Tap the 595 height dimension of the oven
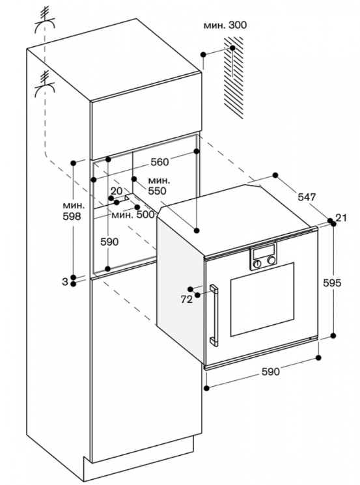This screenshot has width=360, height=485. [x=331, y=283]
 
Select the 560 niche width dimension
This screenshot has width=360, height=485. [x=160, y=161]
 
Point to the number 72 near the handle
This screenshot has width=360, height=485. [x=186, y=299]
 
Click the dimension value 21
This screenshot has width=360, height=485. [x=341, y=217]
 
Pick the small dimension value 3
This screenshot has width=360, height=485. [x=65, y=282]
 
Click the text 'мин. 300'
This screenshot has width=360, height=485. [x=225, y=25]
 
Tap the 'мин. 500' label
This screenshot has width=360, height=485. [x=133, y=214]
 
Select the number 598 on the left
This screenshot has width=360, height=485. [x=72, y=216]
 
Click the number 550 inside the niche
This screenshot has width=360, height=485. [x=157, y=191]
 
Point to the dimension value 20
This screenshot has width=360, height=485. [x=117, y=191]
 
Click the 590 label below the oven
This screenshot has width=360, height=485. [x=271, y=372]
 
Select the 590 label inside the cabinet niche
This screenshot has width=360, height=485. [x=109, y=242]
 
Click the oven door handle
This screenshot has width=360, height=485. [x=214, y=315]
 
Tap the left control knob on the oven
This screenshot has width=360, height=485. [x=257, y=264]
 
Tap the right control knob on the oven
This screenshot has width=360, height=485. [x=271, y=260]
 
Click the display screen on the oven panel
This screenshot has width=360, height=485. [x=264, y=252]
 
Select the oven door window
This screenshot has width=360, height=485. [x=262, y=299]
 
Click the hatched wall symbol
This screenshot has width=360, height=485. [x=234, y=77]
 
